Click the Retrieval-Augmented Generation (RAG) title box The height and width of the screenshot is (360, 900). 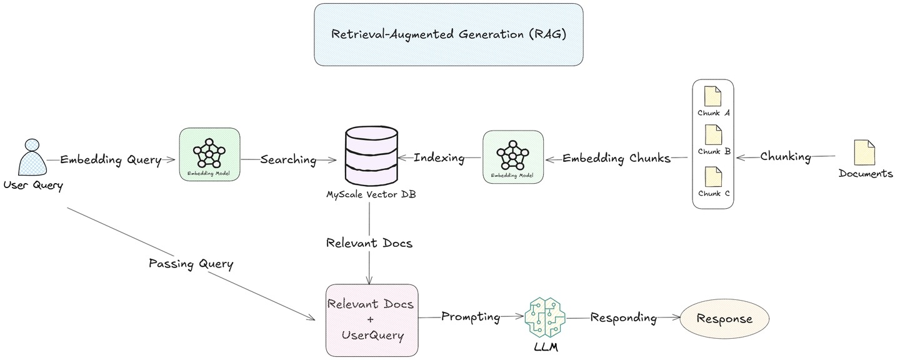pyautogui.click(x=448, y=34)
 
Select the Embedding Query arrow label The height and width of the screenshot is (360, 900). pyautogui.click(x=111, y=159)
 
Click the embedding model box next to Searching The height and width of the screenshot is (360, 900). pyautogui.click(x=209, y=155)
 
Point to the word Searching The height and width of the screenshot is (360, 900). pyautogui.click(x=288, y=159)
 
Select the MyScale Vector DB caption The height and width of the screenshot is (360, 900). pyautogui.click(x=371, y=194)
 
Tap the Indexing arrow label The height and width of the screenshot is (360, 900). pyautogui.click(x=439, y=158)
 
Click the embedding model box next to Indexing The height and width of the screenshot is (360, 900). pyautogui.click(x=513, y=157)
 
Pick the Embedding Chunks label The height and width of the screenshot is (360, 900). pyautogui.click(x=616, y=158)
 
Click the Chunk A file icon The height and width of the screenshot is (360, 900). pyautogui.click(x=712, y=97)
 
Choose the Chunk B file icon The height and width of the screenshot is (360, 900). pyautogui.click(x=712, y=135)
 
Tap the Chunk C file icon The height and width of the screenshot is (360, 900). pyautogui.click(x=712, y=177)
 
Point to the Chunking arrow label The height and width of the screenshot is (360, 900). pyautogui.click(x=786, y=157)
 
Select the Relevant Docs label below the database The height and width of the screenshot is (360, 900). pyautogui.click(x=369, y=242)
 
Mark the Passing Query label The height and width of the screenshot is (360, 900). pyautogui.click(x=191, y=264)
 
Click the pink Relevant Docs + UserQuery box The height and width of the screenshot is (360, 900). pyautogui.click(x=372, y=319)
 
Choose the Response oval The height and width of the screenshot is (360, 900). pyautogui.click(x=725, y=319)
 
